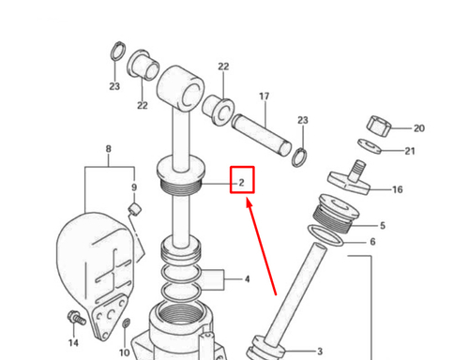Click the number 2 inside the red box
point(241,181)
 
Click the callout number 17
point(265,97)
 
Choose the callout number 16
point(398,189)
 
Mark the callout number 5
point(382,225)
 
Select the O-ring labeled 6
point(325,245)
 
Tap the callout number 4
point(247,278)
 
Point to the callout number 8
point(108,149)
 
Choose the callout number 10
point(125,352)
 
